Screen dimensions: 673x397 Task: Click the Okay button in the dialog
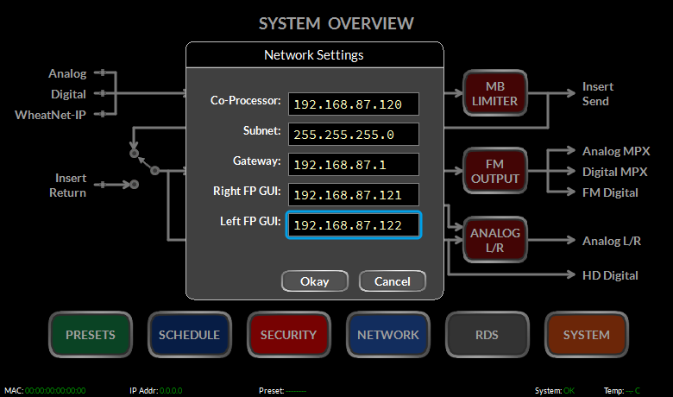click(x=315, y=281)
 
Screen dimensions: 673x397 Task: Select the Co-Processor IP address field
click(x=353, y=104)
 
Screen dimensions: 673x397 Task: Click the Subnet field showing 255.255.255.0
click(x=353, y=135)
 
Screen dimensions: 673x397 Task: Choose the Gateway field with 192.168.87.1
click(x=353, y=164)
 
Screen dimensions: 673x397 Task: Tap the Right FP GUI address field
click(x=353, y=195)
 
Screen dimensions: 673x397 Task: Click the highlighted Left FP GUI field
click(x=353, y=225)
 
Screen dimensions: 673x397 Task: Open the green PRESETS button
click(x=90, y=335)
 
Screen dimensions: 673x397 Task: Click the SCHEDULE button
click(x=189, y=335)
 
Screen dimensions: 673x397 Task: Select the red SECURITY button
click(x=288, y=335)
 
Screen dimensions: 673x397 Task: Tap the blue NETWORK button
click(x=388, y=335)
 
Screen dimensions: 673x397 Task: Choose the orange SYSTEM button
click(x=587, y=335)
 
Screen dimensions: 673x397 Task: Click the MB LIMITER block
click(x=495, y=93)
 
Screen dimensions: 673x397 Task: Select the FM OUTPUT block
click(x=495, y=171)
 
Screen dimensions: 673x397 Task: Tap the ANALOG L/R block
click(x=495, y=240)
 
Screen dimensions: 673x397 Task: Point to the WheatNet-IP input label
click(x=50, y=115)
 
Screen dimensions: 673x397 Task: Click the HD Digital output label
click(x=610, y=275)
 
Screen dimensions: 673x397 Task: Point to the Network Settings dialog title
click(x=314, y=55)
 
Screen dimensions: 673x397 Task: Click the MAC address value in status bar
click(x=55, y=391)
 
